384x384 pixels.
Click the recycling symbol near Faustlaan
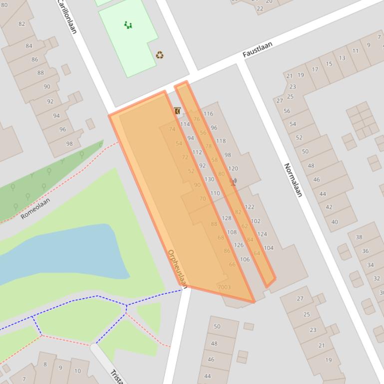159,55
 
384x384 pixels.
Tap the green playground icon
128,25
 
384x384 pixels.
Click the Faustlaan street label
258,49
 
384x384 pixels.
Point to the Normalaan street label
293,180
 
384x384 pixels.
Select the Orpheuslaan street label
177,269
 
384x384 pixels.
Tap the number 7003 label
224,287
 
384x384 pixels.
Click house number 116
208,114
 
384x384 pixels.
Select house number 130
209,179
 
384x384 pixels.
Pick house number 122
250,206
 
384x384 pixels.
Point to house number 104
269,248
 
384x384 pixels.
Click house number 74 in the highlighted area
172,129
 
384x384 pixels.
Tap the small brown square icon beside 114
177,111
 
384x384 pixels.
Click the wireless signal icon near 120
233,182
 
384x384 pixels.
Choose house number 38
359,237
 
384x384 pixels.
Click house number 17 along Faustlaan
315,69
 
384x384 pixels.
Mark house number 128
226,218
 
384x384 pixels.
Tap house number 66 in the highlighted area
232,264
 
